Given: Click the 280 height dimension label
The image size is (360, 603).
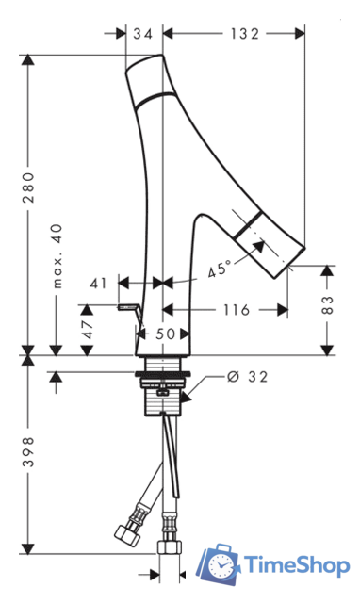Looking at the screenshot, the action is coord(28,187).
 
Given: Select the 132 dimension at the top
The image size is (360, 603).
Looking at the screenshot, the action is coord(245,34).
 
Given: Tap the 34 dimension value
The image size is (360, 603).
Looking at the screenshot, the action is coord(143,34).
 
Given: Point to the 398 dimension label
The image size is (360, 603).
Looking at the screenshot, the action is coord(28,452).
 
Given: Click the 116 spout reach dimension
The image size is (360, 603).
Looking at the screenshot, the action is coord(237,310).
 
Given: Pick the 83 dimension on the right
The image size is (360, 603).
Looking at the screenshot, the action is coord(327,305).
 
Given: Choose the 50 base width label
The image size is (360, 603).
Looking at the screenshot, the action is coord(165,334).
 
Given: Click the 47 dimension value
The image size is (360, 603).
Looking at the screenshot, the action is coord(88,329).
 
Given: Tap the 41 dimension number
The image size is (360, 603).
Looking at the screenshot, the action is coord(98,284).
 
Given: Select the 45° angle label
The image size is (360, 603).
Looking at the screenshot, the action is coord(220,269).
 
